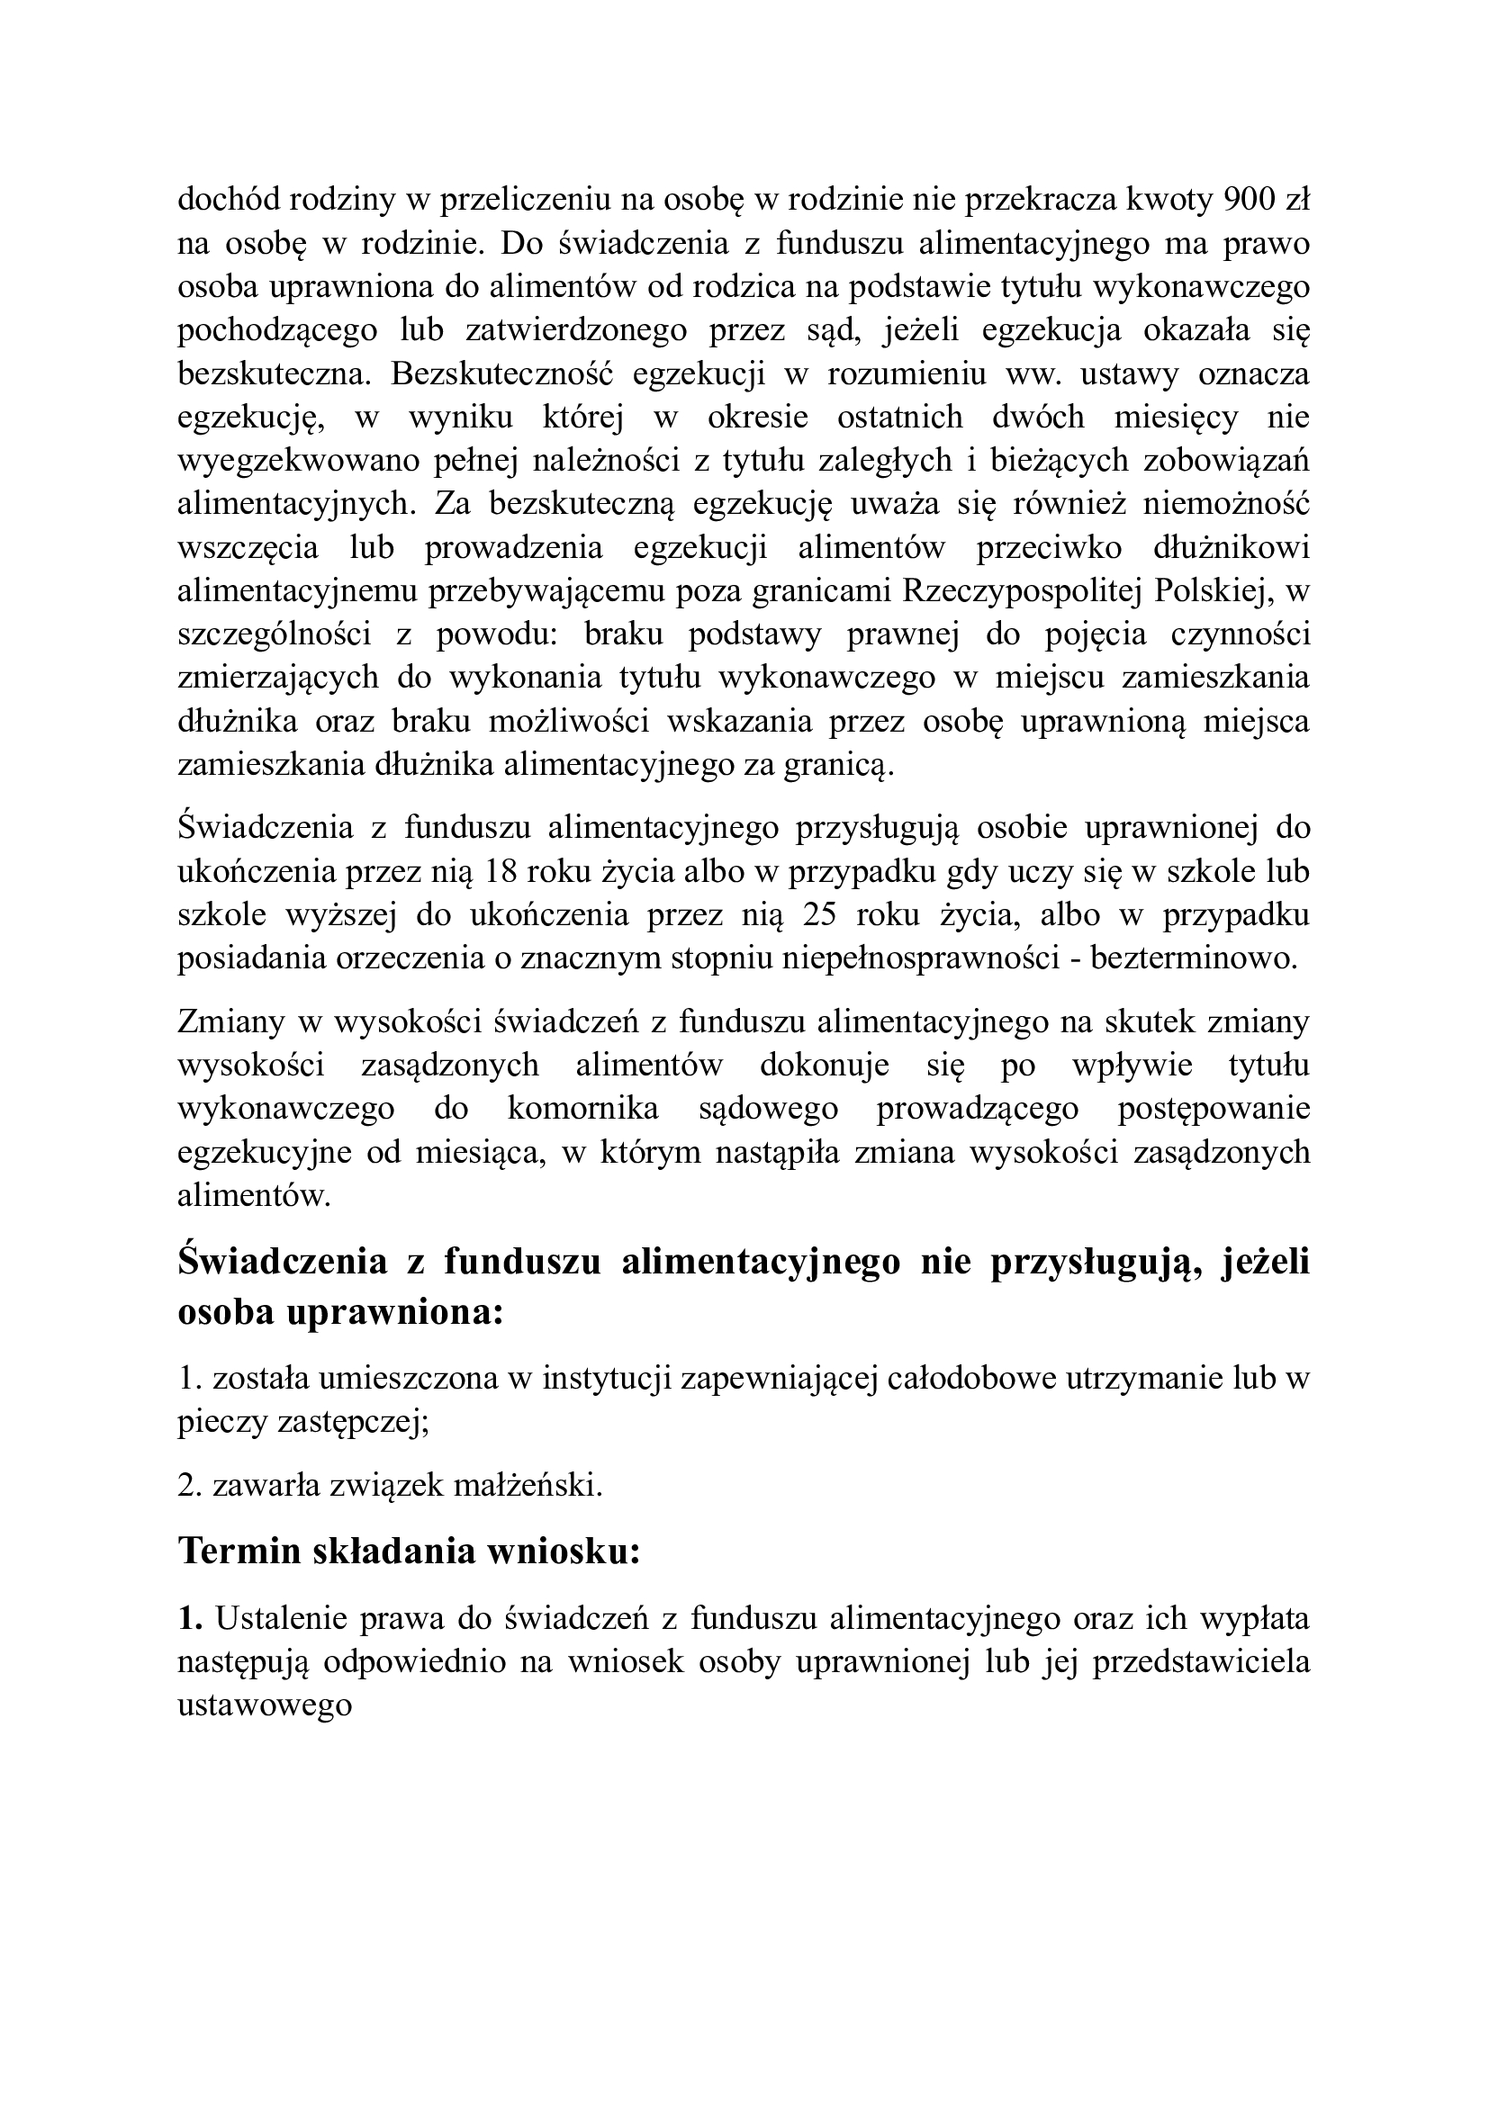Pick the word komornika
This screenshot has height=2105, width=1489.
pos(582,1109)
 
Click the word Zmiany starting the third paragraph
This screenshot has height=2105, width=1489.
pos(227,1021)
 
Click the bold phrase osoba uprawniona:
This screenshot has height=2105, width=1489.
pos(340,1312)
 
